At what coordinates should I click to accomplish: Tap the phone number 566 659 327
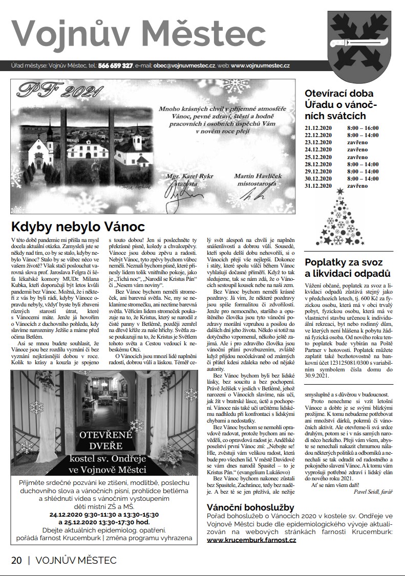click(116, 66)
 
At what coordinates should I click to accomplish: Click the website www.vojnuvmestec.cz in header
click(261, 66)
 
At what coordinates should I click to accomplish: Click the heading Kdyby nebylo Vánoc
click(78, 227)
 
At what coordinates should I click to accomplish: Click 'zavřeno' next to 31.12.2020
click(357, 186)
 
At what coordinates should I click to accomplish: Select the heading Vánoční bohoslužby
click(250, 507)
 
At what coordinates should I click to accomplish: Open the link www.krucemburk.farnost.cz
click(252, 540)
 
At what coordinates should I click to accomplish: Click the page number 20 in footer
click(16, 560)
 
